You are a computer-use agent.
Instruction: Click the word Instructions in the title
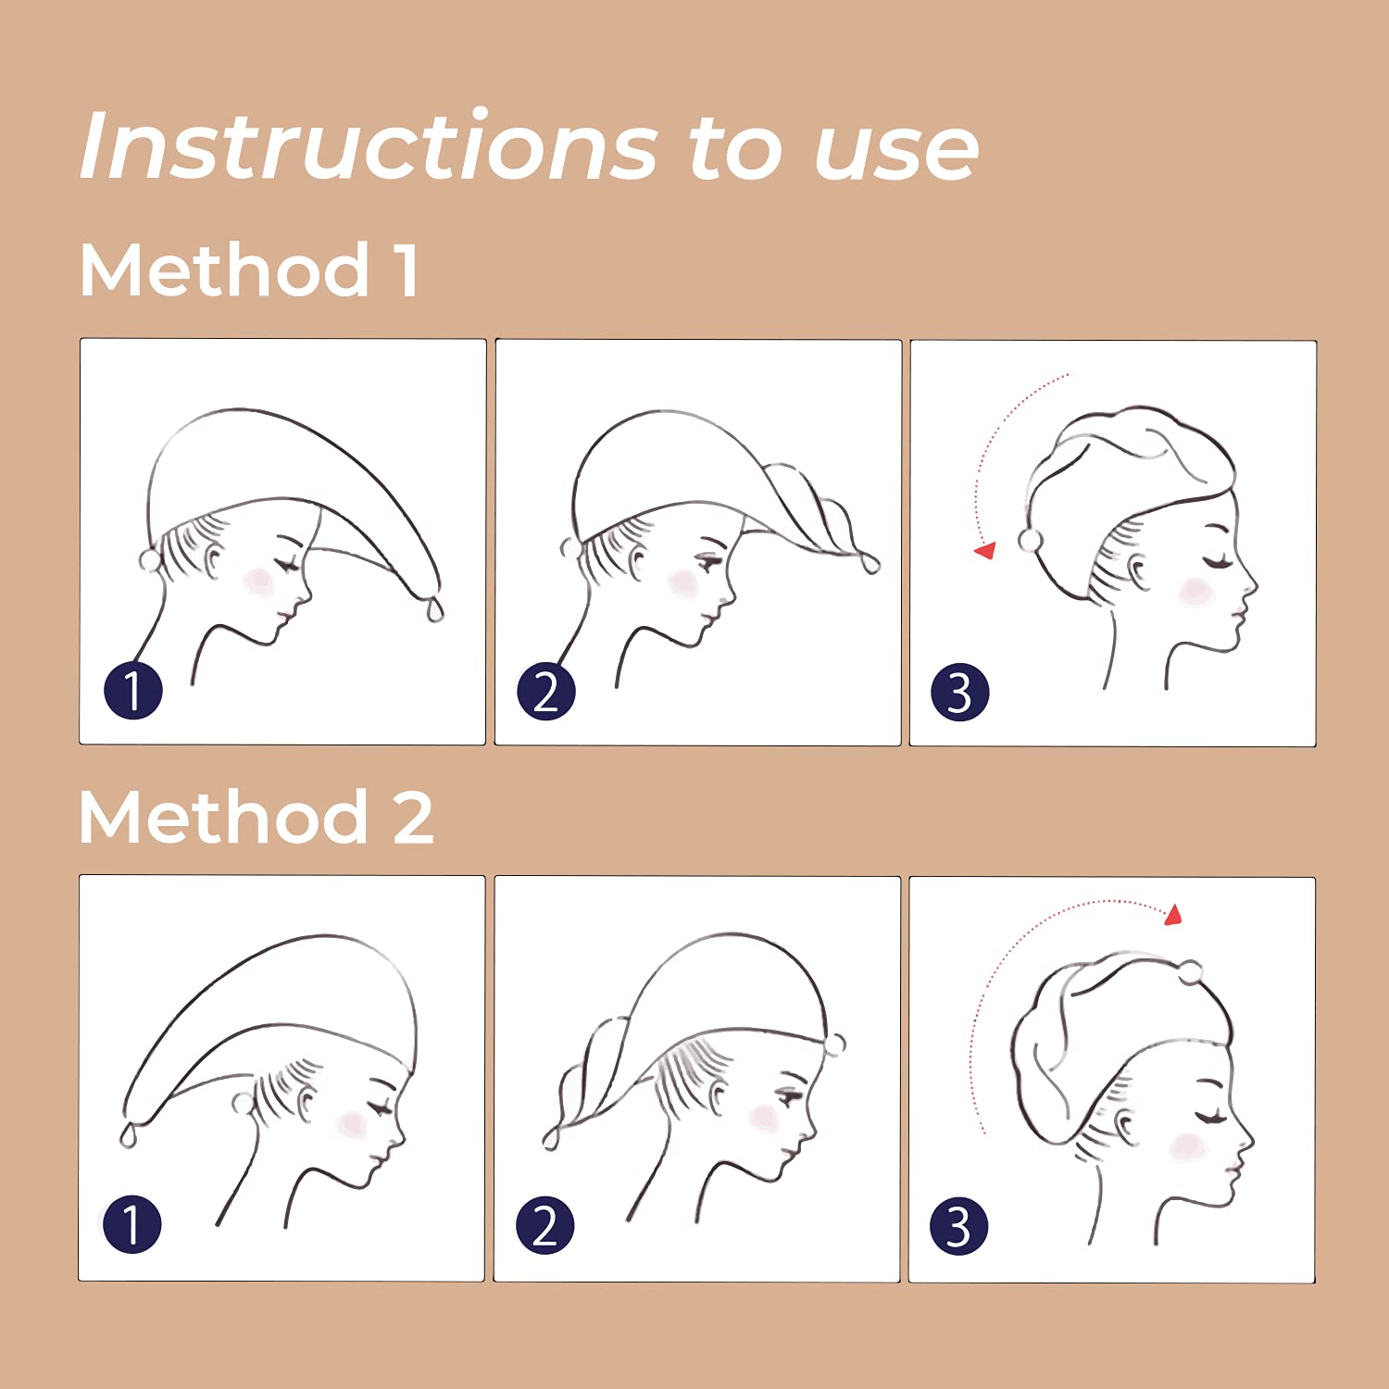tap(369, 145)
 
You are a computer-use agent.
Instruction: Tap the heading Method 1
tap(249, 269)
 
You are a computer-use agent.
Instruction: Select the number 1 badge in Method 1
tap(133, 690)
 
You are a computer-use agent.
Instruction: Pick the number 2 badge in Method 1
tap(546, 691)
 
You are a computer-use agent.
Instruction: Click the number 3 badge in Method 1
tap(960, 692)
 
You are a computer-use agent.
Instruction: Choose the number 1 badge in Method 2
tap(131, 1224)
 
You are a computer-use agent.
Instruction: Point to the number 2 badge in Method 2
tap(545, 1225)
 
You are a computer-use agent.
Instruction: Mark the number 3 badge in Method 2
tap(959, 1226)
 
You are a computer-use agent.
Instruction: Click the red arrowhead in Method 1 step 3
tap(985, 550)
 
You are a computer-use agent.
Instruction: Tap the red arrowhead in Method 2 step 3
tap(1174, 915)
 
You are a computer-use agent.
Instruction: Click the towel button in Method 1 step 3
tap(1030, 541)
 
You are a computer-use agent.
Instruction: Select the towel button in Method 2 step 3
tap(1190, 972)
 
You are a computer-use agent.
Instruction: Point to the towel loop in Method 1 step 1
tap(434, 609)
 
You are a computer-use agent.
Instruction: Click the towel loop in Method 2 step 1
tap(129, 1134)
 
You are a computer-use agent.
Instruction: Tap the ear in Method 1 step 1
tap(214, 561)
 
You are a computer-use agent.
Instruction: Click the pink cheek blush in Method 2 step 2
tap(762, 1118)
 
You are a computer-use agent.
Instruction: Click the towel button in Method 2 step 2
tap(835, 1044)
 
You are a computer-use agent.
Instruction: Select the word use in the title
tap(895, 150)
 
